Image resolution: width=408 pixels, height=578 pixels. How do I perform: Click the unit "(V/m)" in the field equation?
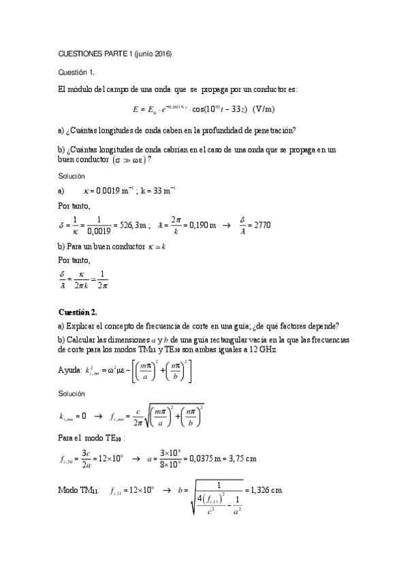pos(263,108)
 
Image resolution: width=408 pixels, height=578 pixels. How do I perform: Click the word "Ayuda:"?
pos(69,369)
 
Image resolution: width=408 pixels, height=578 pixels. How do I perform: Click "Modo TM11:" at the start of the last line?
pos(78,489)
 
